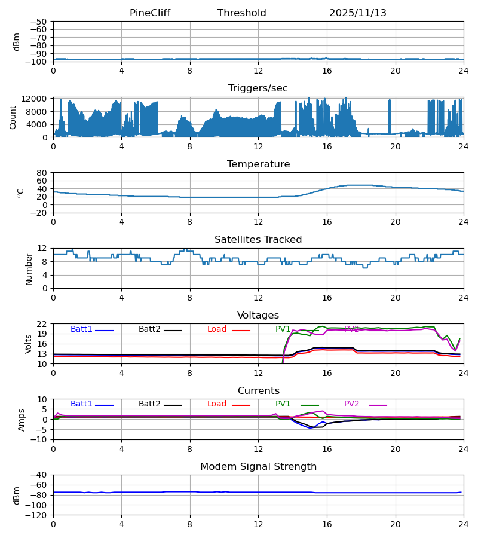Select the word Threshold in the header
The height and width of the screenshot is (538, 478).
coord(241,13)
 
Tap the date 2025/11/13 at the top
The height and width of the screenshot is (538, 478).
coord(357,13)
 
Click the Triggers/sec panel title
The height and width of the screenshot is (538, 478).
coord(258,88)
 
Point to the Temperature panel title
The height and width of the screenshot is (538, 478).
coord(258,164)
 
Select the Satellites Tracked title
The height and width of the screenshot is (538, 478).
coord(258,240)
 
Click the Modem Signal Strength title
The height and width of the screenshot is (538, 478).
coord(258,467)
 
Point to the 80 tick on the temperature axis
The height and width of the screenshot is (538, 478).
coord(42,173)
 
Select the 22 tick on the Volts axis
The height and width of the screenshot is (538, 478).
coord(42,324)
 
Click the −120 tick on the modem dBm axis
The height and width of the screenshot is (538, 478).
coord(38,515)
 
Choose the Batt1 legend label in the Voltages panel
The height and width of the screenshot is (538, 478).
coord(81,329)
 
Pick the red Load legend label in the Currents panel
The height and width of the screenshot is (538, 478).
coord(217,404)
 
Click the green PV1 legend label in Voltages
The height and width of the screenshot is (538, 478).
coord(283,329)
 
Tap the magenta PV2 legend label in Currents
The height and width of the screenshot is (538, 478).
coord(351,404)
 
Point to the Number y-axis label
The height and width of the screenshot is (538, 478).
coord(29,268)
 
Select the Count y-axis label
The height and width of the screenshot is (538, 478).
coord(14,117)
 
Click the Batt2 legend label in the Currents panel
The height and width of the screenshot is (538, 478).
coord(149,404)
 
